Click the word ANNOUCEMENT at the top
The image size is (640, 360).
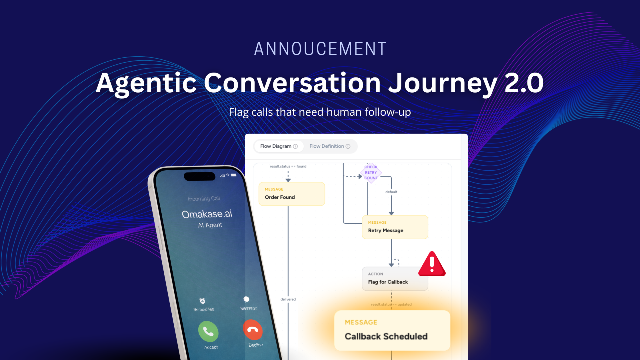click(320, 49)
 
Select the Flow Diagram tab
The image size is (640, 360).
click(279, 146)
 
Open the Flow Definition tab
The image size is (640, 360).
click(330, 146)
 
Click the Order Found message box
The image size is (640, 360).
click(292, 194)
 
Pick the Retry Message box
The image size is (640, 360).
click(395, 227)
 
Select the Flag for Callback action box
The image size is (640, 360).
click(395, 279)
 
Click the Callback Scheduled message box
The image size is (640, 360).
click(392, 330)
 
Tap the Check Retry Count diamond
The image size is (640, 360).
click(371, 172)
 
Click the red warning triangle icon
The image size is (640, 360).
click(432, 264)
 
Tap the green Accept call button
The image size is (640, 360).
click(208, 331)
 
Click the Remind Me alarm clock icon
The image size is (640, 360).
click(202, 301)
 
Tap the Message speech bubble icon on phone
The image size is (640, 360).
click(246, 299)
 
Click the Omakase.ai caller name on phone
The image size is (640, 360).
click(207, 214)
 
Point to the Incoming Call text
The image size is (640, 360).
click(204, 199)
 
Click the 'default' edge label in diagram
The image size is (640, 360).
click(391, 192)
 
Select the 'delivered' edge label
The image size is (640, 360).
click(288, 299)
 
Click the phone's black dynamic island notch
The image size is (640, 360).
click(199, 176)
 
